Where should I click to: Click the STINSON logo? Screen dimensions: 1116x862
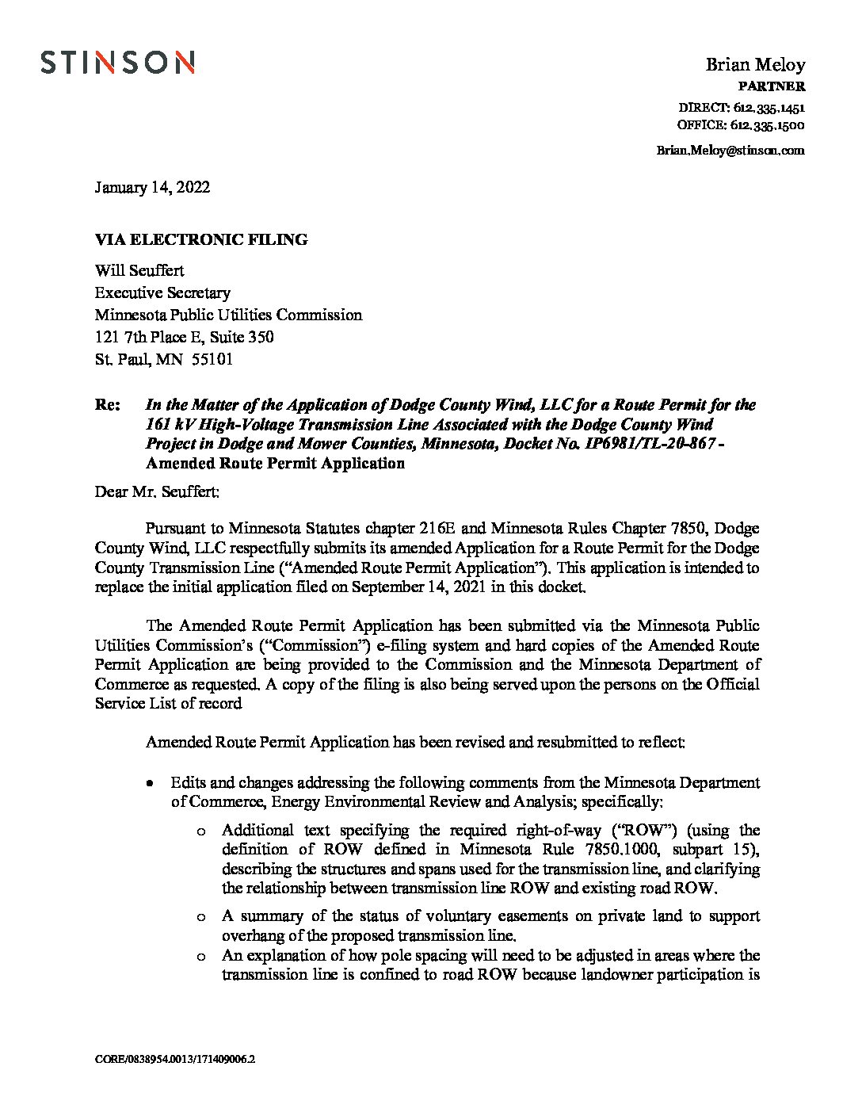(x=117, y=62)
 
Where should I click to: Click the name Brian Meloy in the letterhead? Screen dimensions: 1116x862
(x=755, y=64)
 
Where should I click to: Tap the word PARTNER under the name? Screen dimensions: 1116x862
(x=772, y=86)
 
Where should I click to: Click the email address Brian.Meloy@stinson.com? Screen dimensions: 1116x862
(x=730, y=150)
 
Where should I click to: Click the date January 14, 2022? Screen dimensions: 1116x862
(x=152, y=188)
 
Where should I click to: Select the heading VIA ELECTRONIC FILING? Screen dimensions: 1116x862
(x=201, y=239)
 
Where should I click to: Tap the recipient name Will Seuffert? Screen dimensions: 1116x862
(x=139, y=270)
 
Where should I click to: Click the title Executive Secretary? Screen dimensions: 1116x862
(x=162, y=292)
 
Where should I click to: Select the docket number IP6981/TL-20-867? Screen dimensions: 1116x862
(x=646, y=445)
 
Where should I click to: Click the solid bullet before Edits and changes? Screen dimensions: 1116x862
(x=150, y=783)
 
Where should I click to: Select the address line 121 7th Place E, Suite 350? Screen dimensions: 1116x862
(x=185, y=337)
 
